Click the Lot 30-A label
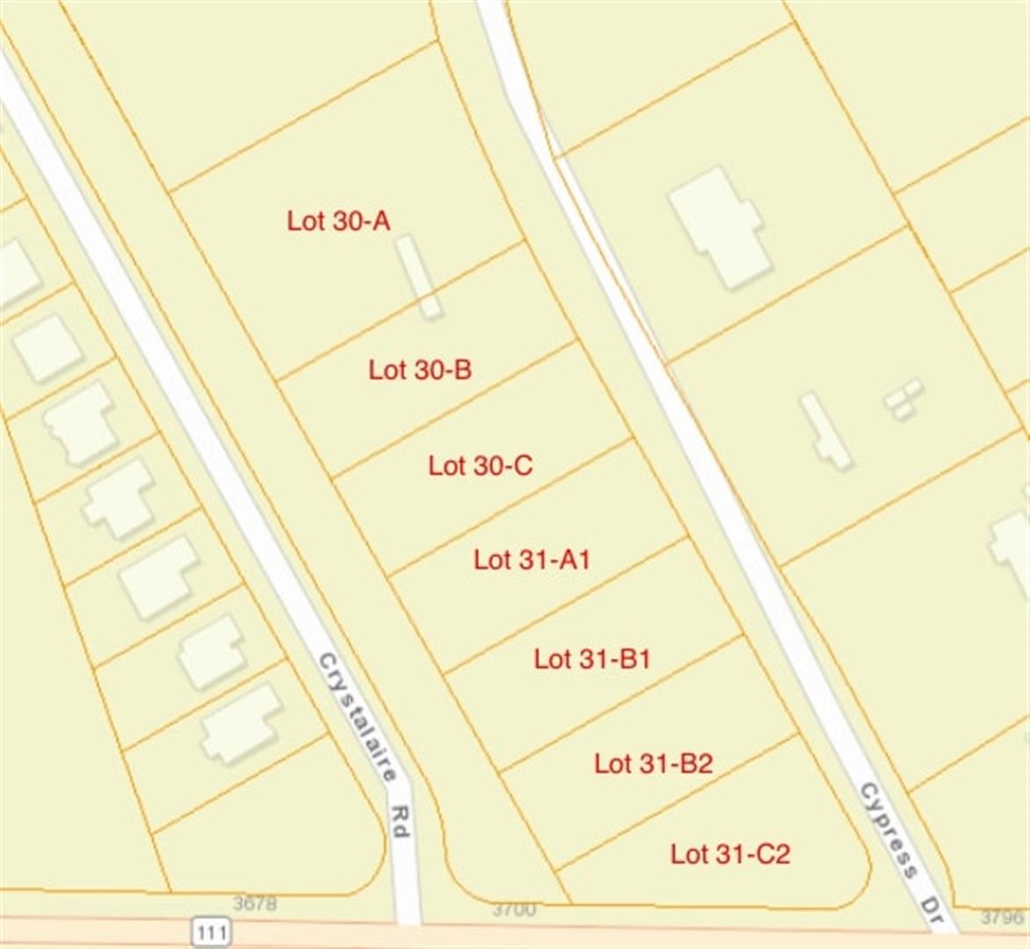click(x=338, y=221)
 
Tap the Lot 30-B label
click(x=419, y=370)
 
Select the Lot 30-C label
click(x=480, y=465)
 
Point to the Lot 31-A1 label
click(x=531, y=559)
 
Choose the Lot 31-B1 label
click(x=591, y=658)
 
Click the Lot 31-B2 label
click(x=652, y=763)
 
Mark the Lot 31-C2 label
click(x=729, y=852)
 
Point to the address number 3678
click(x=255, y=903)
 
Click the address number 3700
click(x=513, y=909)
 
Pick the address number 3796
click(x=1001, y=917)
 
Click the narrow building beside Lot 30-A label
click(x=417, y=276)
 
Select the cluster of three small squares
click(x=903, y=398)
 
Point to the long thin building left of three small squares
click(x=824, y=431)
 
